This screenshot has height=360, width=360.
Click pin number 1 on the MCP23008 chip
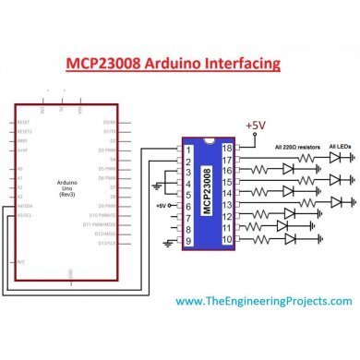tap(189, 149)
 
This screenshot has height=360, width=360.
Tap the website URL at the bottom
tap(263, 301)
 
